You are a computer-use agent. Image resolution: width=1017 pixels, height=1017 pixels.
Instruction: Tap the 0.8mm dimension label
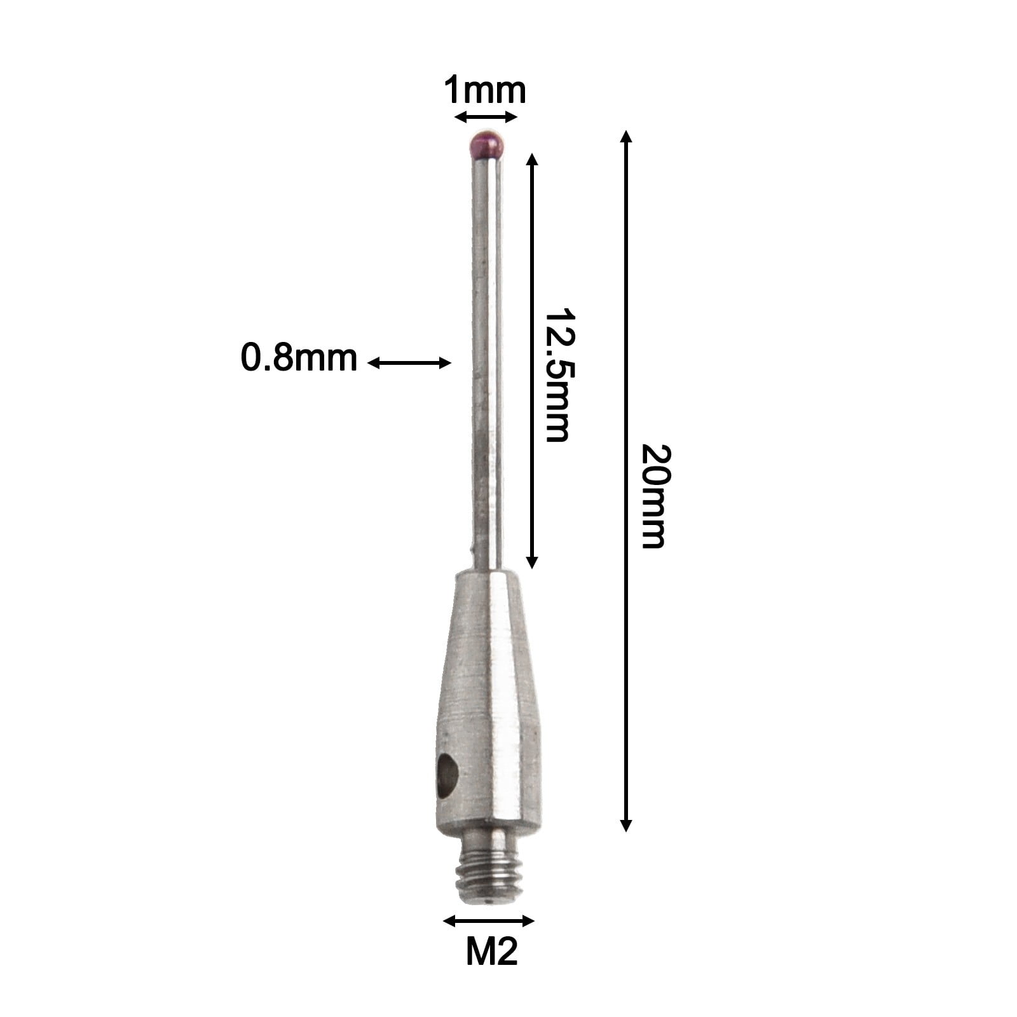click(299, 358)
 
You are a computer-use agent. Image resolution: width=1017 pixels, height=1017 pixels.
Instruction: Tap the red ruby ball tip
click(488, 145)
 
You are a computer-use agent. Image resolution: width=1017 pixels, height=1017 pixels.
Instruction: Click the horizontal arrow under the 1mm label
click(486, 117)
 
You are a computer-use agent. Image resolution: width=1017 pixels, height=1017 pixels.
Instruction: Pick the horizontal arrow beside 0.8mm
click(409, 363)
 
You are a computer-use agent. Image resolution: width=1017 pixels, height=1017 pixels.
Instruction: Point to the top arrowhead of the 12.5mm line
click(533, 158)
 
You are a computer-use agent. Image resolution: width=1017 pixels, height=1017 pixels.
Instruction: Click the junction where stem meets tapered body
click(488, 570)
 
